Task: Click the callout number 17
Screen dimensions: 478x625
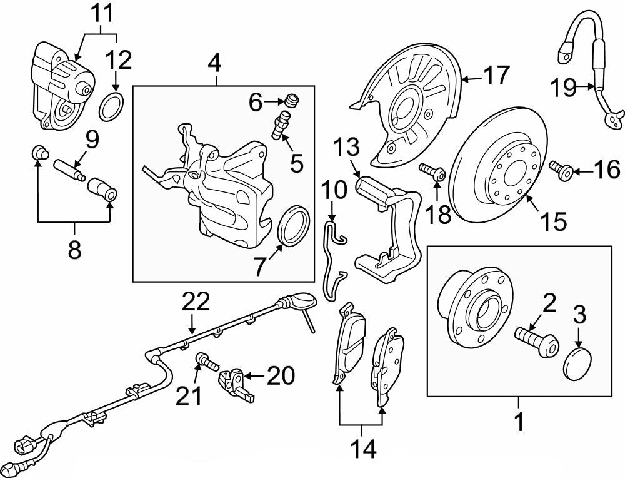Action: (496, 76)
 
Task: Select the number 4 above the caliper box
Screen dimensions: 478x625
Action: (214, 63)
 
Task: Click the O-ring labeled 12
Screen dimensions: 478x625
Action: (112, 106)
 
